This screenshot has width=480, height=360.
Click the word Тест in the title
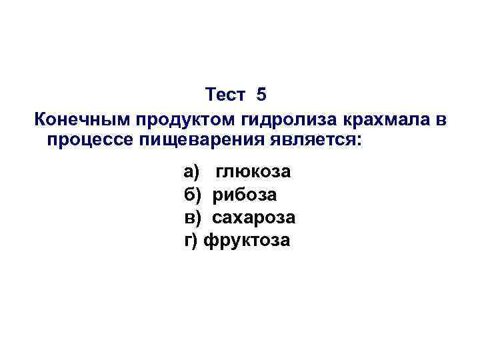tap(226, 95)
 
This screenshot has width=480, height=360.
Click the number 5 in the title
tap(261, 95)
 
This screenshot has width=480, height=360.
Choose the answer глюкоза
tap(253, 172)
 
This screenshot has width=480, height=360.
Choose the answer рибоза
tap(245, 195)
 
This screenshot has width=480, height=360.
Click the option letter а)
tap(191, 172)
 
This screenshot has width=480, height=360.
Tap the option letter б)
tap(191, 195)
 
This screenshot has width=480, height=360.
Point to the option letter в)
tap(191, 217)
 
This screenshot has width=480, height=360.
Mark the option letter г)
tap(191, 240)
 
